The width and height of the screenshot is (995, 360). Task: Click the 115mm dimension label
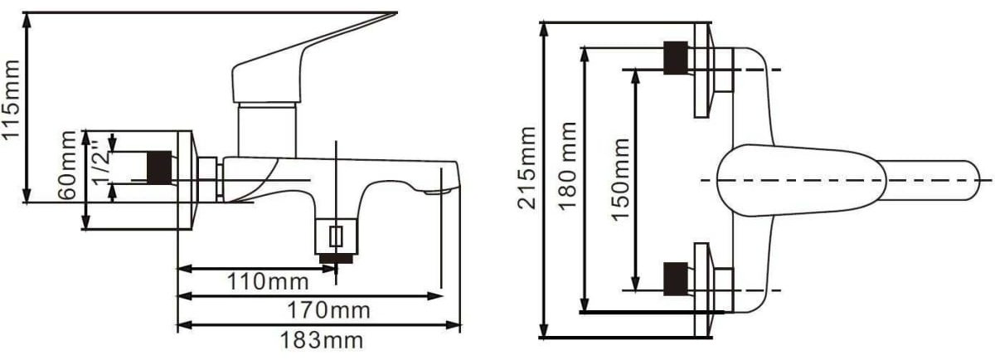tap(11, 99)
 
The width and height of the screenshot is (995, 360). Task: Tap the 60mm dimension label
tap(67, 165)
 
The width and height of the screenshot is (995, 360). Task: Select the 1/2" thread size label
tap(101, 163)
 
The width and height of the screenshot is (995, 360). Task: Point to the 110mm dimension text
tap(268, 281)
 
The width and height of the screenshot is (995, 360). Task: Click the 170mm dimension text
tap(328, 309)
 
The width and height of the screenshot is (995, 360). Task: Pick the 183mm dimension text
tap(321, 340)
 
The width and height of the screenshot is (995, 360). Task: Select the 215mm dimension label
tap(527, 168)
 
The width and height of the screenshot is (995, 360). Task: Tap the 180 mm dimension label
tap(567, 166)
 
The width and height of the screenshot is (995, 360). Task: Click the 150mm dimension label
tap(620, 179)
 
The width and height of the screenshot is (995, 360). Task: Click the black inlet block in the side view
tap(159, 168)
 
